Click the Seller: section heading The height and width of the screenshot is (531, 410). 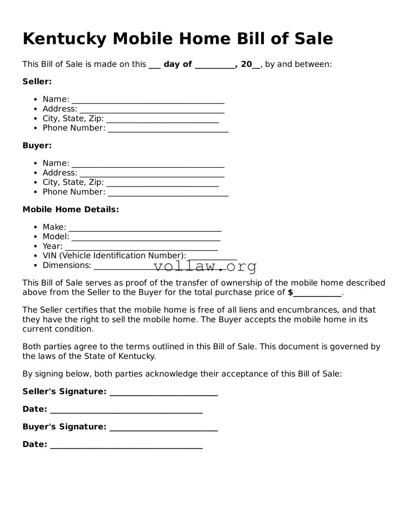tap(37, 82)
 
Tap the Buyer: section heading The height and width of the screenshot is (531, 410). tap(37, 146)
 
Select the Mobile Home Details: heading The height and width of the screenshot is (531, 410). tap(70, 210)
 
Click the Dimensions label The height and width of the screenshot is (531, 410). tap(67, 265)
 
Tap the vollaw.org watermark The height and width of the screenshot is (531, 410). tap(205, 266)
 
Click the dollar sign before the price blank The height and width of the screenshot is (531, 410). tap(290, 293)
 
